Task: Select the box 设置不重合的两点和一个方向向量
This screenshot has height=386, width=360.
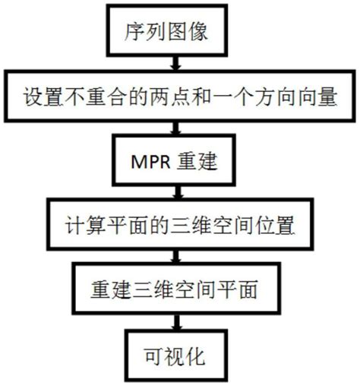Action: pos(180,97)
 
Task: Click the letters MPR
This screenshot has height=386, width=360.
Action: pos(154,163)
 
